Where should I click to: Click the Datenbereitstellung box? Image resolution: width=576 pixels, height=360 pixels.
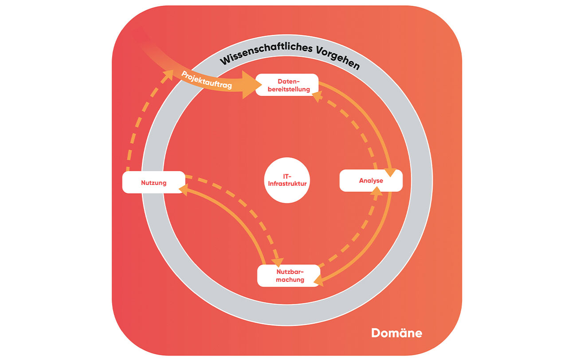click(x=287, y=85)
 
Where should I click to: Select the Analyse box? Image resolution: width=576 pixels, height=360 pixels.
click(x=371, y=181)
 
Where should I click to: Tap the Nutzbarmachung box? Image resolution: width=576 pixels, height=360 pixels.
click(x=288, y=275)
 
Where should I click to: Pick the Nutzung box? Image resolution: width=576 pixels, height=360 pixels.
click(x=153, y=182)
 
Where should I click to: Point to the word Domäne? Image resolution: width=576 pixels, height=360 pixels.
click(x=396, y=333)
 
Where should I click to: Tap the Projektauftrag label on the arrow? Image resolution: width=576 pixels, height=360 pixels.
click(x=207, y=80)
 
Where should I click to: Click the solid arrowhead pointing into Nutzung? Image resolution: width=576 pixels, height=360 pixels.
click(x=183, y=189)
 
